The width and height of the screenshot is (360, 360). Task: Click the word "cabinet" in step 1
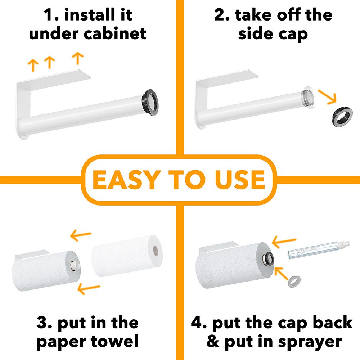click(x=115, y=34)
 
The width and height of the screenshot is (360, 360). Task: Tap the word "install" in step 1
click(x=90, y=14)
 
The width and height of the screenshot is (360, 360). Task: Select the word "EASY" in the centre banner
click(x=126, y=180)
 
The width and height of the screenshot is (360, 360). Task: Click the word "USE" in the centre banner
click(x=240, y=180)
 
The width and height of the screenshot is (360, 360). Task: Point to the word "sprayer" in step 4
click(x=310, y=342)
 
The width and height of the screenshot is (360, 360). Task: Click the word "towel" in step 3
click(x=114, y=341)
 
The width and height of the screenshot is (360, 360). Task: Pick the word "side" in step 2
click(x=255, y=34)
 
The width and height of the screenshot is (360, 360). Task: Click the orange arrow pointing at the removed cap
click(x=327, y=97)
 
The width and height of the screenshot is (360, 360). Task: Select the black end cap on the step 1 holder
click(x=150, y=102)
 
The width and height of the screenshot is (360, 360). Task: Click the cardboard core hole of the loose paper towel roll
click(x=156, y=251)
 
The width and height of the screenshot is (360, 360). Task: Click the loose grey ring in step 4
click(x=294, y=282)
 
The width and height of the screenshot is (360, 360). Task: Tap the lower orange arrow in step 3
click(x=89, y=288)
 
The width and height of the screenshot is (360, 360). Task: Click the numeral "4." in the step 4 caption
click(x=199, y=323)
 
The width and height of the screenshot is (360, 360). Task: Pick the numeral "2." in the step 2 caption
click(x=222, y=15)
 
